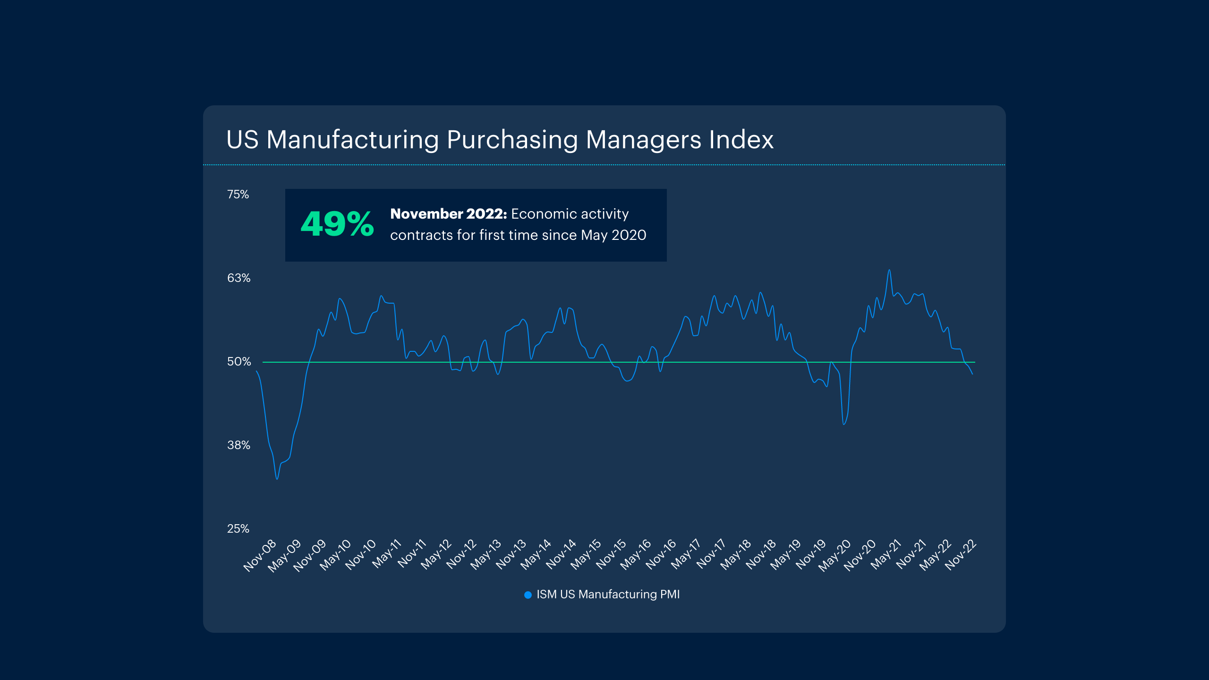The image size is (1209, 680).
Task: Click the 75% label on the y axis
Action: coord(238,195)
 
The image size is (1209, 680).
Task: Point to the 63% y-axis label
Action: coord(238,278)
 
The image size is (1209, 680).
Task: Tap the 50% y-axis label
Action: coord(238,362)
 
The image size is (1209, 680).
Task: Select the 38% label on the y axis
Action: coord(238,445)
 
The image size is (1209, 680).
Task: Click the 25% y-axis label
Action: coord(238,529)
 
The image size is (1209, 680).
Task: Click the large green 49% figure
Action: coord(337,224)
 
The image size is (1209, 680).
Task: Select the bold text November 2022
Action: coord(448,214)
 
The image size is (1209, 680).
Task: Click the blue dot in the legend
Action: coord(528,595)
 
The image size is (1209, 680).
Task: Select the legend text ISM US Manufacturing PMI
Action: coord(608,595)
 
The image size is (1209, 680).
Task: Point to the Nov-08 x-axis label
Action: coord(260,556)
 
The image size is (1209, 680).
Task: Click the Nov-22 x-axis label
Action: coord(961,556)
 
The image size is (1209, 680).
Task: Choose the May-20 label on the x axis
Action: coord(835,556)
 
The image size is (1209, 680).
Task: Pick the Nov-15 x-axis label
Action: coord(611,556)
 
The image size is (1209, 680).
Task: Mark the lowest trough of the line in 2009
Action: coord(277,479)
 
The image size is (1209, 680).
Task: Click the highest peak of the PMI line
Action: coord(889,270)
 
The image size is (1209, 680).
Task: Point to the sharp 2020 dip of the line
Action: coord(844,424)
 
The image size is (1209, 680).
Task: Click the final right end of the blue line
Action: coord(972,374)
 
